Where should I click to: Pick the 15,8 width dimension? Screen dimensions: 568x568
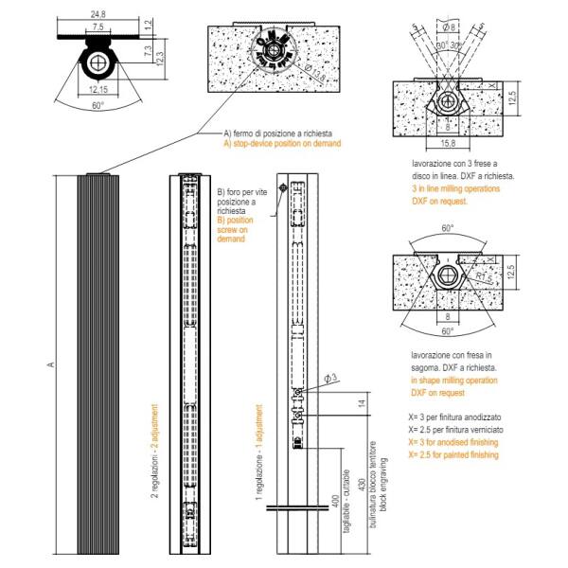click(448, 143)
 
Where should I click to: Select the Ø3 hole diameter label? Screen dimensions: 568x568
click(330, 380)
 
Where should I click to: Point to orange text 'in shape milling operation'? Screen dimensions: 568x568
click(453, 379)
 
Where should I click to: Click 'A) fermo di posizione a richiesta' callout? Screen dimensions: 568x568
click(280, 133)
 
